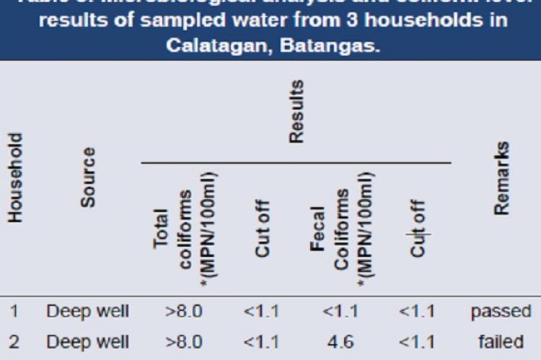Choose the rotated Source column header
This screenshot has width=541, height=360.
tap(87, 177)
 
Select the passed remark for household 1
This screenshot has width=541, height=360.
tap(501, 312)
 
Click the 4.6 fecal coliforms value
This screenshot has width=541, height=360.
tap(340, 341)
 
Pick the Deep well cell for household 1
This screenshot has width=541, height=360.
tap(88, 312)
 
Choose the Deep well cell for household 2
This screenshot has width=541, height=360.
tap(88, 341)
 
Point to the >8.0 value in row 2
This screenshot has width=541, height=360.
tap(184, 341)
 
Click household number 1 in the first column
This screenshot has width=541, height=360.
tap(14, 312)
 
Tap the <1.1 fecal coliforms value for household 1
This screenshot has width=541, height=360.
tap(340, 312)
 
